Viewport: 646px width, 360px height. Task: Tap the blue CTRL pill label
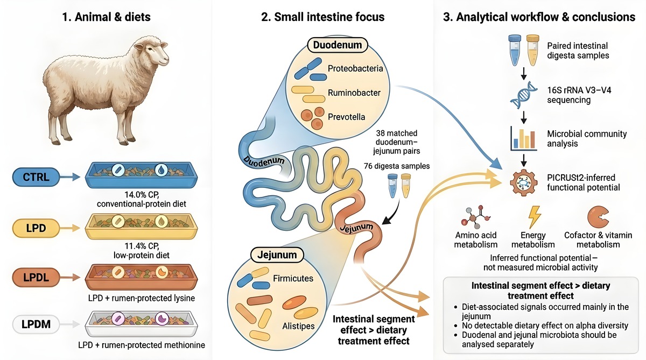pos(36,177)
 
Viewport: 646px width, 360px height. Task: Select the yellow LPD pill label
pos(36,228)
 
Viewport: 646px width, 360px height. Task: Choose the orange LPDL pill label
pos(36,277)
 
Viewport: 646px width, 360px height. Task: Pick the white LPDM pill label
pos(36,324)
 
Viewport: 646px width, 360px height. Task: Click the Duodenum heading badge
pos(338,45)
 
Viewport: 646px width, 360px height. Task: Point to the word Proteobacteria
pos(355,68)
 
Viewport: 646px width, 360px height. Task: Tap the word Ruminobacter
pos(354,93)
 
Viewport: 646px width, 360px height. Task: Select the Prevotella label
pos(346,117)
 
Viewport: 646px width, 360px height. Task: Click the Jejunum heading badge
pos(277,255)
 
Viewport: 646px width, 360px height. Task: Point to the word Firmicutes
pos(293,278)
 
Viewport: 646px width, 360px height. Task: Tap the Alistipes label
pos(298,326)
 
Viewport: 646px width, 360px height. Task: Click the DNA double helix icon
pos(523,95)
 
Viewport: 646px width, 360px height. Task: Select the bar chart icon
pos(523,138)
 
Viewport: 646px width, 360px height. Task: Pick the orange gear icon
pos(523,182)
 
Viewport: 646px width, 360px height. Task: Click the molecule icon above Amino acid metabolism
pos(475,217)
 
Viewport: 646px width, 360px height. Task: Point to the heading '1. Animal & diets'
pos(107,17)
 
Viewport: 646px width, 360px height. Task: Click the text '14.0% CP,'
pos(142,195)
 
